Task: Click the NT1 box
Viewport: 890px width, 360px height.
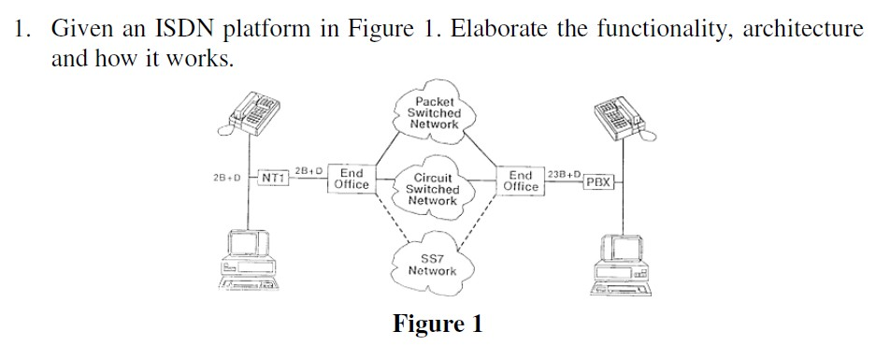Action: point(273,177)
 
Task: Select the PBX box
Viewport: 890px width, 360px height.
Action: point(598,181)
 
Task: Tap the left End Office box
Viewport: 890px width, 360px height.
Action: point(352,180)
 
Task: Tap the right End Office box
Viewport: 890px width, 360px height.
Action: point(521,180)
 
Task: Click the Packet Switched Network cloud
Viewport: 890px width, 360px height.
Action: point(435,113)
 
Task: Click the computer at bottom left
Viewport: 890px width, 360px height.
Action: point(245,263)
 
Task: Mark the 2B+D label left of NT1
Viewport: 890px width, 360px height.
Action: point(227,177)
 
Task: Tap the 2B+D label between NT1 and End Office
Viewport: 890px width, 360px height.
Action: point(308,171)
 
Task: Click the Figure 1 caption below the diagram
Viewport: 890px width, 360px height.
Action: point(438,324)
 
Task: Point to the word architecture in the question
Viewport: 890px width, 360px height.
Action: point(803,28)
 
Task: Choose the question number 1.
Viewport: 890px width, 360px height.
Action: point(22,28)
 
